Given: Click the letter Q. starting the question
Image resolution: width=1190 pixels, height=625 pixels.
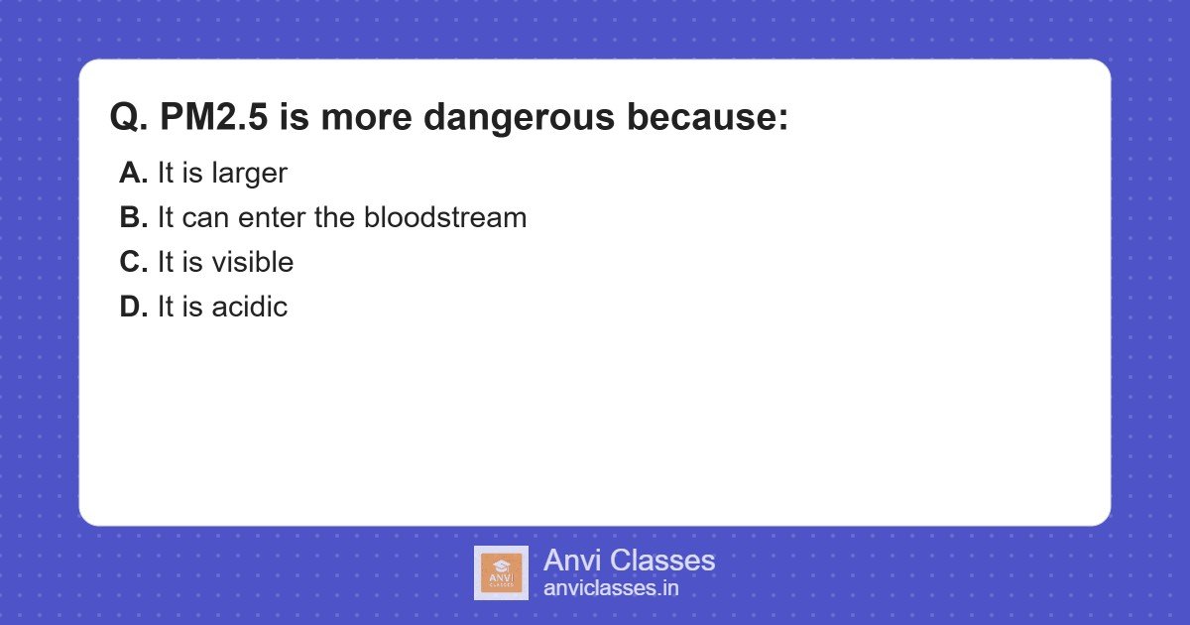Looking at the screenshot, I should pos(128,118).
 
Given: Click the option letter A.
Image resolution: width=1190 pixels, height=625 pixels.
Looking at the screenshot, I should pos(132,173).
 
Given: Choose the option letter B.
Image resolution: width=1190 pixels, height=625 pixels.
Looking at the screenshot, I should pos(132,217).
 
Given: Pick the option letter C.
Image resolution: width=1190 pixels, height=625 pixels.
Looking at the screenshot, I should pos(132,262).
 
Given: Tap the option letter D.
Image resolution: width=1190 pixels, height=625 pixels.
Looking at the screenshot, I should pos(132,307).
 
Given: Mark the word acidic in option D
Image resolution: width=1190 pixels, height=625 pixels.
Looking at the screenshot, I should pos(249,307).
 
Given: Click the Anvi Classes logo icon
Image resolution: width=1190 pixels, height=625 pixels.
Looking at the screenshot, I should pos(501,572).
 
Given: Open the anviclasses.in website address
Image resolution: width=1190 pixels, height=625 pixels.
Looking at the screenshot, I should pos(611,588).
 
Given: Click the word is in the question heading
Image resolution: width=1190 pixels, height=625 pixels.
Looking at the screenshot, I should pos(295,118).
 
